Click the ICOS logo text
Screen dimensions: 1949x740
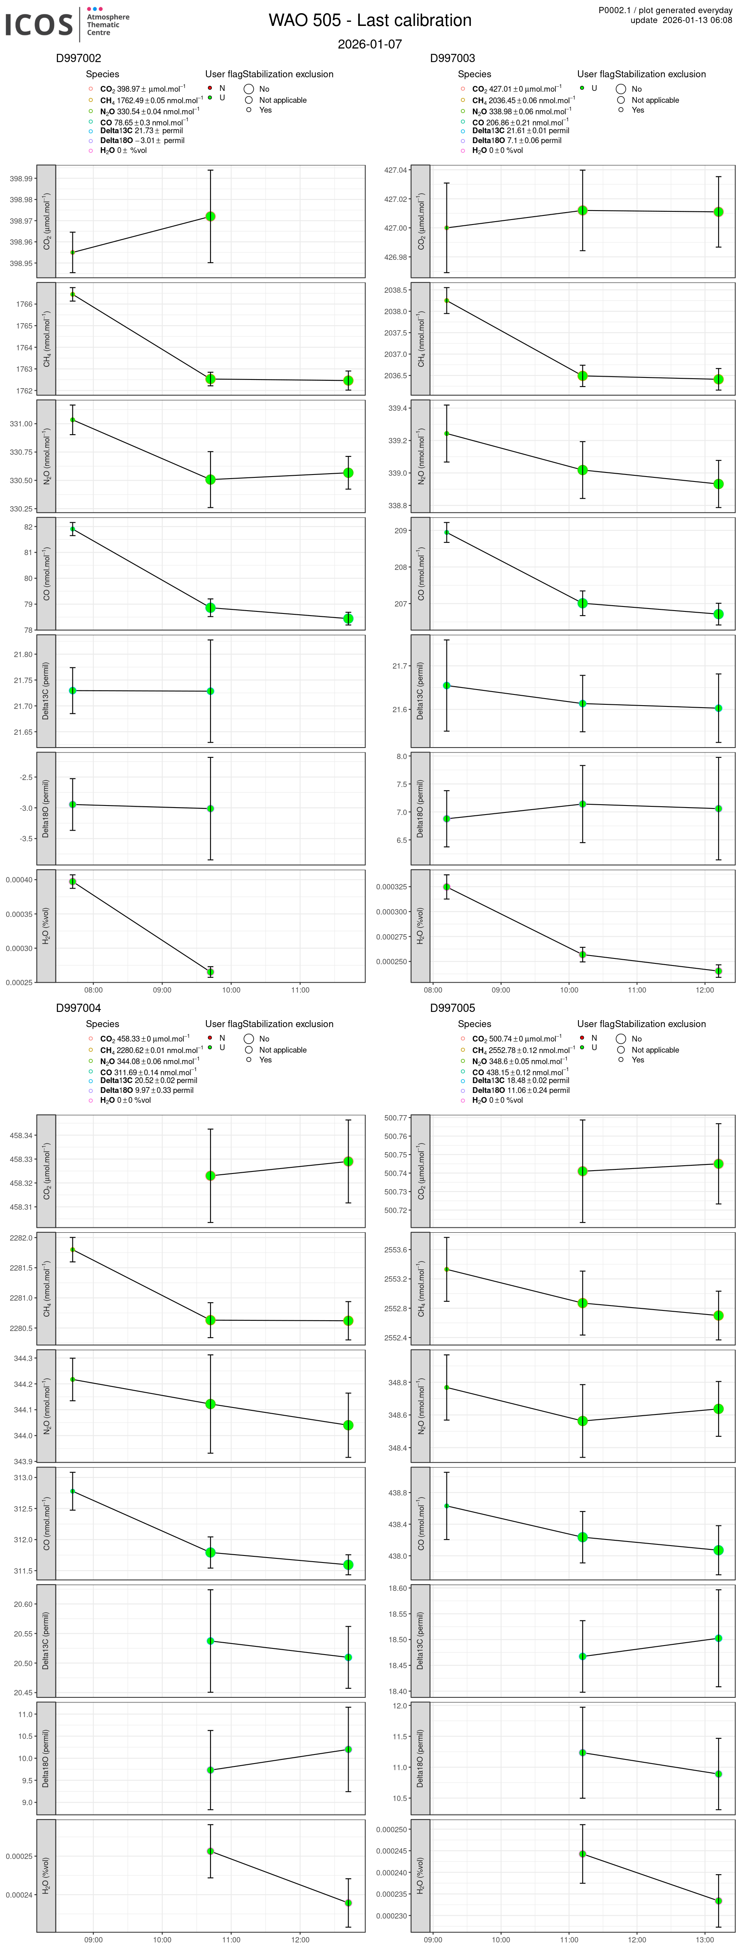pos(39,25)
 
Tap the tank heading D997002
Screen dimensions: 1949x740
pos(79,58)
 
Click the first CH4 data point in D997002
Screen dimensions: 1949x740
pos(73,294)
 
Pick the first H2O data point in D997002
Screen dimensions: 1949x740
pos(73,882)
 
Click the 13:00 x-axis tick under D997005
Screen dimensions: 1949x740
pos(705,1939)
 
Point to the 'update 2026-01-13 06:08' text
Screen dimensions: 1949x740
pos(681,21)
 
